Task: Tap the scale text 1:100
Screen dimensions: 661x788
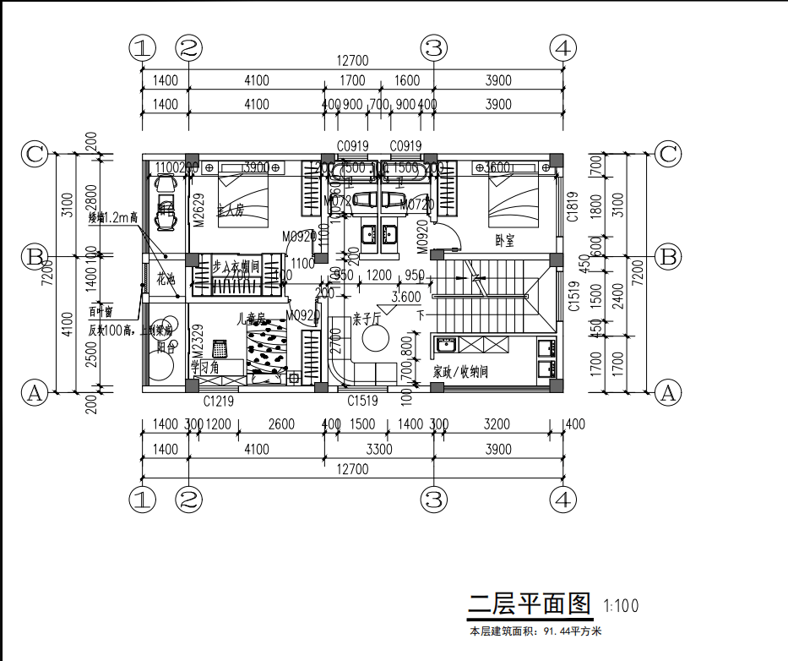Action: [x=622, y=605]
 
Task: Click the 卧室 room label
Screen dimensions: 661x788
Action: [x=506, y=240]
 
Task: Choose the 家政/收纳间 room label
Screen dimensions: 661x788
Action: [x=460, y=371]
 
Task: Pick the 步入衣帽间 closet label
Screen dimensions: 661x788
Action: [x=234, y=266]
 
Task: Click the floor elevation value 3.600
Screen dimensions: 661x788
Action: [x=406, y=297]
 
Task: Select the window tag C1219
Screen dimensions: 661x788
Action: [x=219, y=402]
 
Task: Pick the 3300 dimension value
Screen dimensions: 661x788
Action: [x=378, y=450]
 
